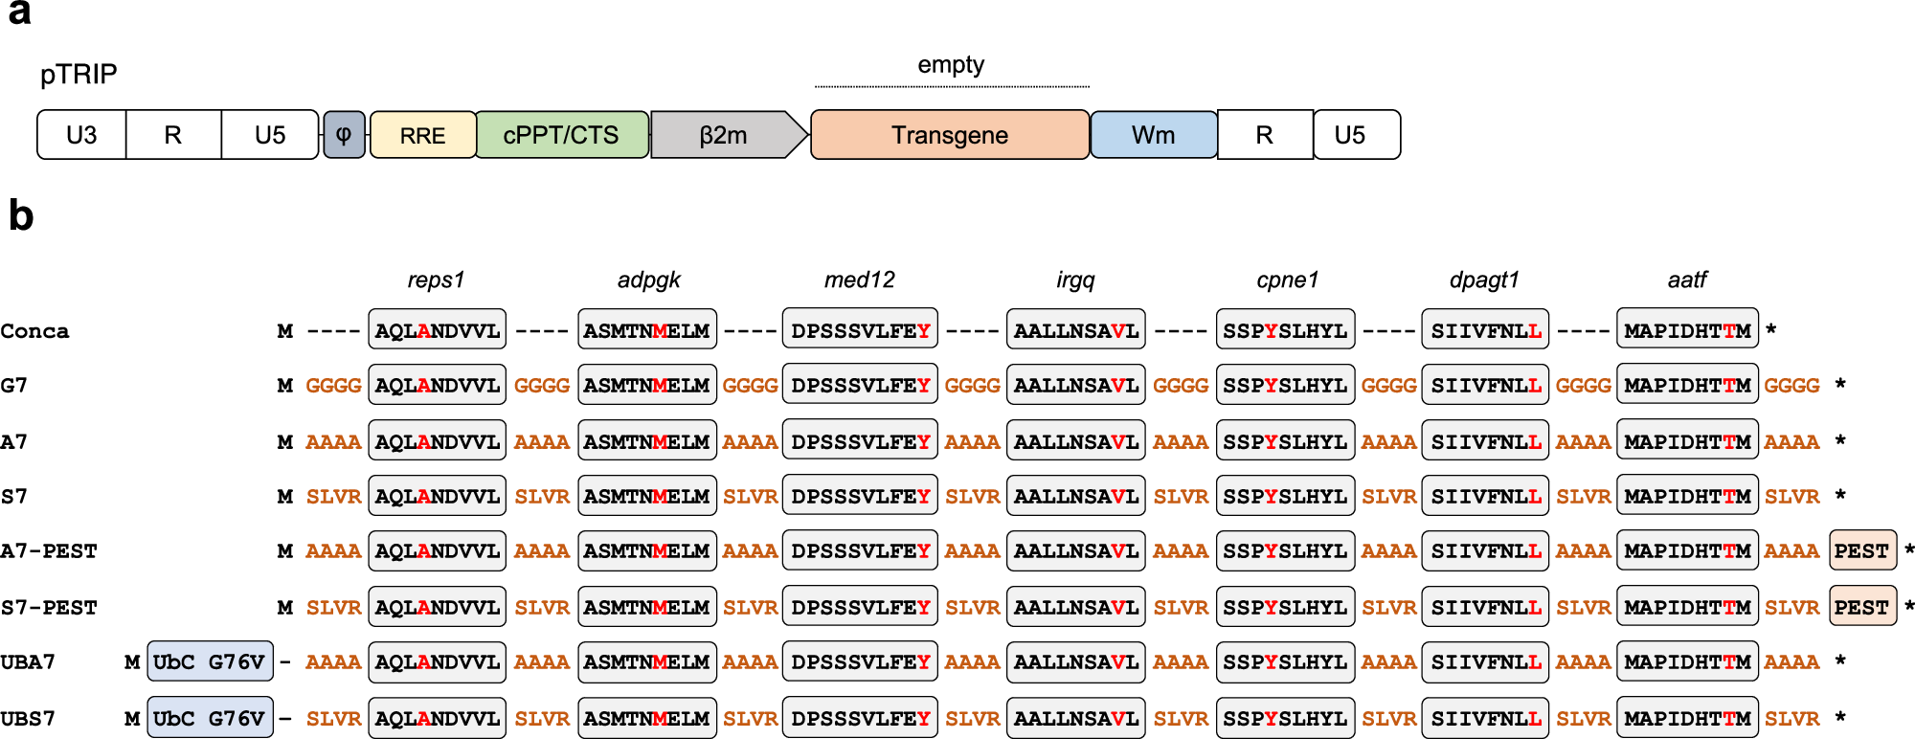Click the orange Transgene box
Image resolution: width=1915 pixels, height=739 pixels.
(x=949, y=135)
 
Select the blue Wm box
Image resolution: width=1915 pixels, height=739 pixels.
(x=1153, y=135)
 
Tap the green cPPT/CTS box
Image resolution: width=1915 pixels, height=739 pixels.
(x=561, y=135)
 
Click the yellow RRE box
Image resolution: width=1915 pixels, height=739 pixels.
(x=422, y=135)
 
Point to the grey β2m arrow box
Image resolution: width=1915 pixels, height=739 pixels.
(x=725, y=135)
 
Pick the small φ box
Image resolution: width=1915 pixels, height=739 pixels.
(x=344, y=134)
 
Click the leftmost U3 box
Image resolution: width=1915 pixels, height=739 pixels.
(x=81, y=135)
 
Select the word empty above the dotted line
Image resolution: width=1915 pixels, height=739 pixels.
(x=950, y=65)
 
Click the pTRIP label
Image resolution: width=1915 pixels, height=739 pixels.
(x=79, y=74)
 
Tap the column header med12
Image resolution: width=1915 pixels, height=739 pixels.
(x=859, y=280)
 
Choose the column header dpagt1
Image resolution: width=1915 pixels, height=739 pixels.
(x=1483, y=280)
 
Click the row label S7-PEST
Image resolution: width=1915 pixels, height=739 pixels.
(x=49, y=608)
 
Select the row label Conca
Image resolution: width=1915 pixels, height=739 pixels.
(x=35, y=331)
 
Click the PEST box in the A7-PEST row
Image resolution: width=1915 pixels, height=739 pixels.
(x=1861, y=551)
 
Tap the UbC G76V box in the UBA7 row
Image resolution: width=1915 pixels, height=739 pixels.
(x=210, y=662)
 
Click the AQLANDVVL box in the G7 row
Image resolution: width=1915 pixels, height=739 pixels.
(x=437, y=386)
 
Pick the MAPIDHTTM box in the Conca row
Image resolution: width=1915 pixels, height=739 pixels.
(x=1687, y=331)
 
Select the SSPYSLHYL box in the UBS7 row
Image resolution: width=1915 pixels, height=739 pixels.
(x=1285, y=718)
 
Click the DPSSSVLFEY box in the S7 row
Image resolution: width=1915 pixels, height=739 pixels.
(x=860, y=497)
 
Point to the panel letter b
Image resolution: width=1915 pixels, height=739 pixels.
(x=20, y=216)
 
